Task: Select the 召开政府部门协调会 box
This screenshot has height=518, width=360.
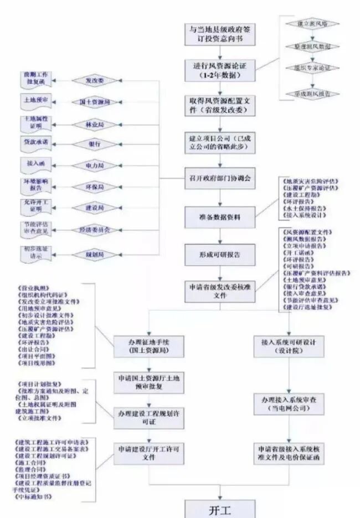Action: tap(220, 178)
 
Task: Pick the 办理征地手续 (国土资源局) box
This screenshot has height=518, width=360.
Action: tap(148, 346)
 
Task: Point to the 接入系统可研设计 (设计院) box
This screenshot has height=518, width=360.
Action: tap(287, 346)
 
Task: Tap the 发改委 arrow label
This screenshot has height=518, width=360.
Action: tap(95, 81)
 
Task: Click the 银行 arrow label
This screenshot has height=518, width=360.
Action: tap(95, 144)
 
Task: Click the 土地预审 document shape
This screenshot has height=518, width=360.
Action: tap(35, 101)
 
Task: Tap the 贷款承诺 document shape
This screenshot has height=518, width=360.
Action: tap(35, 143)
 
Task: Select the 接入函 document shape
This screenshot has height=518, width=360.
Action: tap(35, 164)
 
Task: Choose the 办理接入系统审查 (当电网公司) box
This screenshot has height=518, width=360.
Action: tap(287, 402)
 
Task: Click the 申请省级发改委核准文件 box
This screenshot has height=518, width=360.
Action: tap(220, 291)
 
